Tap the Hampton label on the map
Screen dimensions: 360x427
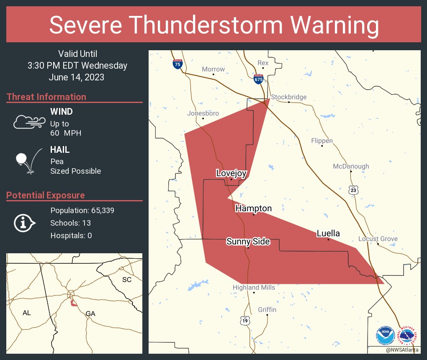click(x=253, y=208)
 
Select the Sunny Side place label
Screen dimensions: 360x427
click(x=248, y=242)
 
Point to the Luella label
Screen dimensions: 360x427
click(x=328, y=234)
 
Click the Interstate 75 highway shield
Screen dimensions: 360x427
click(x=177, y=64)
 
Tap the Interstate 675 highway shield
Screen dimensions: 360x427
click(x=258, y=78)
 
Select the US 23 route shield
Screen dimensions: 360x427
click(x=354, y=190)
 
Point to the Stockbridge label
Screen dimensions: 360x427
click(x=289, y=97)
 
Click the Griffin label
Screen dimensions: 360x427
click(x=267, y=310)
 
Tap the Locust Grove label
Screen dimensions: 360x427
click(x=378, y=239)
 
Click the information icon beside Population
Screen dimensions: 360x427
click(x=25, y=223)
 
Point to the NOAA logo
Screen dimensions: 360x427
click(x=385, y=336)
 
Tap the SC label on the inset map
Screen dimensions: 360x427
click(x=126, y=279)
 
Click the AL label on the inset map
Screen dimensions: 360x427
click(x=27, y=313)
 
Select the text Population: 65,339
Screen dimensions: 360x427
click(x=82, y=210)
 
